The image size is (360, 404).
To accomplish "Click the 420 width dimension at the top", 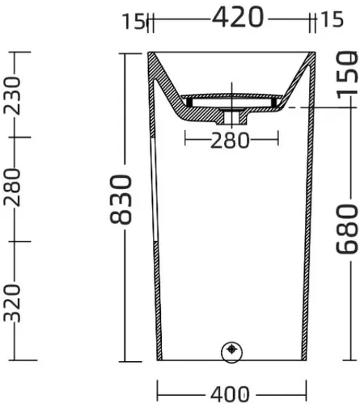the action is (238, 17).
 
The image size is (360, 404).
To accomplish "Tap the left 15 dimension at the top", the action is (133, 21).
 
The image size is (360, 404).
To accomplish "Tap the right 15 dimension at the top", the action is (332, 19).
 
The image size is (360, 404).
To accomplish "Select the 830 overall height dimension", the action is (121, 200).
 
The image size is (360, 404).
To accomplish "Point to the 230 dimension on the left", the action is (12, 95).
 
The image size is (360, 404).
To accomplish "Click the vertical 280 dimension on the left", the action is (12, 187).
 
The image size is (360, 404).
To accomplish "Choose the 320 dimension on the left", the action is (12, 303).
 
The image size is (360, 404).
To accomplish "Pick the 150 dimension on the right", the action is (348, 74).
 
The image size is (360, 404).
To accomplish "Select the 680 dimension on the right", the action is (348, 229).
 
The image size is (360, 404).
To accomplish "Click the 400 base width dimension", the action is (230, 394).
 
